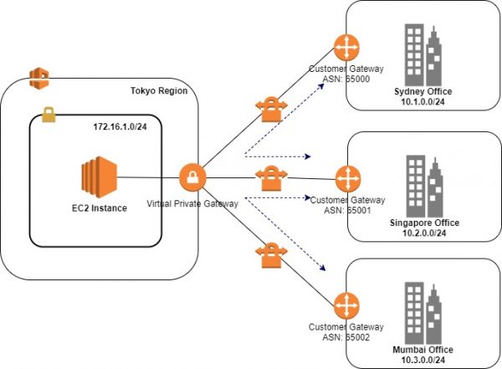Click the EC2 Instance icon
pyautogui.click(x=100, y=177)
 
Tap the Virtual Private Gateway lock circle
pyautogui.click(x=192, y=177)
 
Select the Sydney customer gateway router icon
pyautogui.click(x=346, y=48)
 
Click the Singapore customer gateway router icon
pyautogui.click(x=348, y=179)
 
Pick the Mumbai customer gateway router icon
pyautogui.click(x=346, y=306)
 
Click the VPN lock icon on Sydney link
pyautogui.click(x=271, y=110)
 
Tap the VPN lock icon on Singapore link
pyautogui.click(x=271, y=178)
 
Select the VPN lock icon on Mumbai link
pyautogui.click(x=271, y=255)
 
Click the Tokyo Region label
pyautogui.click(x=159, y=90)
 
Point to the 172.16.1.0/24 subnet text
pyautogui.click(x=120, y=127)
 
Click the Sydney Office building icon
pyautogui.click(x=423, y=54)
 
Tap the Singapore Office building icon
pyautogui.click(x=425, y=187)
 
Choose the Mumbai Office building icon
pyautogui.click(x=423, y=313)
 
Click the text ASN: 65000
pyautogui.click(x=346, y=79)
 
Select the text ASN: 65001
pyautogui.click(x=347, y=211)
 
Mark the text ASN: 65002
pyautogui.click(x=346, y=337)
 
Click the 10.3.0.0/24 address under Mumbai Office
pyautogui.click(x=423, y=360)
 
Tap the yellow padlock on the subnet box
pyautogui.click(x=49, y=115)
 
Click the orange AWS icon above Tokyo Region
pyautogui.click(x=39, y=78)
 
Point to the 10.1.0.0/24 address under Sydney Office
pyautogui.click(x=423, y=102)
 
